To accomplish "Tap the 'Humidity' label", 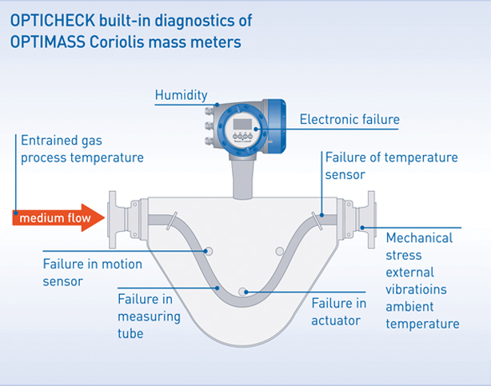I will click(x=182, y=96).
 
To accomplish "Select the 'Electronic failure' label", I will click(x=349, y=120).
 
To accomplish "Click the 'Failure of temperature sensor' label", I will click(x=391, y=165).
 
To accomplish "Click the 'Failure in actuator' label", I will click(x=339, y=312).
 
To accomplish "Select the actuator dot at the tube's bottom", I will click(x=245, y=291).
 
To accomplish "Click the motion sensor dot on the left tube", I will click(x=209, y=251).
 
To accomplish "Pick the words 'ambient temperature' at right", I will click(x=422, y=316).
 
